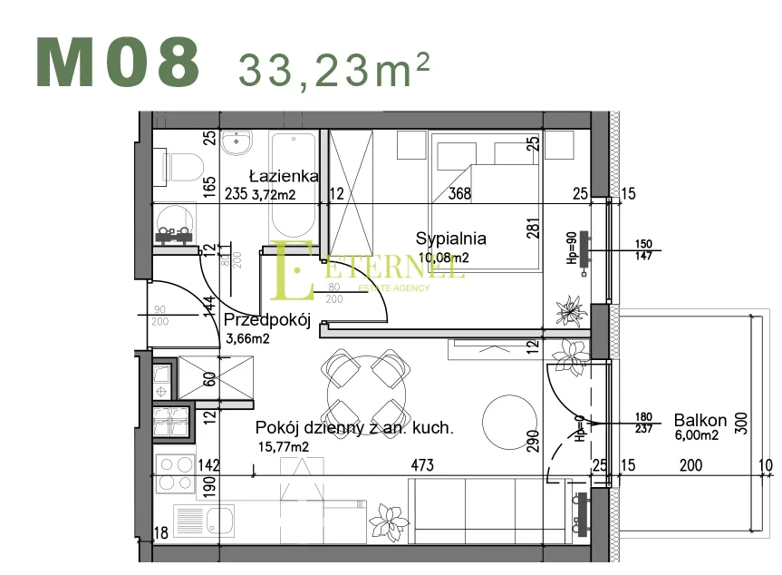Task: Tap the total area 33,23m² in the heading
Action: pos(333,67)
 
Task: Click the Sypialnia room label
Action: pos(450,239)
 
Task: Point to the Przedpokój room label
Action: pos(267,320)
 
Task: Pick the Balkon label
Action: pos(700,421)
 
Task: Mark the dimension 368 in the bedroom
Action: pos(460,192)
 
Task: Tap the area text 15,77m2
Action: pos(283,446)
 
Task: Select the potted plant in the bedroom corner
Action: pos(570,309)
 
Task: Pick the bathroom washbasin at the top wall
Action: pos(239,143)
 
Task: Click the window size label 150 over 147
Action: pos(644,250)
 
